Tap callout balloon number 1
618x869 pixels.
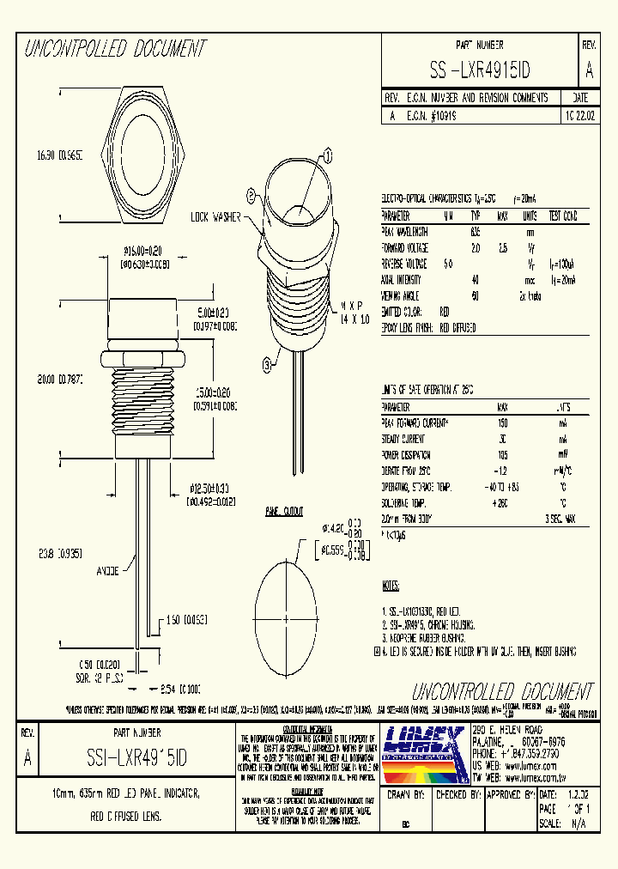coord(327,155)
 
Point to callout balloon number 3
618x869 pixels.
coord(267,364)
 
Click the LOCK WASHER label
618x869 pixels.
coord(215,216)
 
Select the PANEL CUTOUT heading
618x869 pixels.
coord(283,512)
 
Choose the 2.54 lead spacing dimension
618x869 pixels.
coord(184,688)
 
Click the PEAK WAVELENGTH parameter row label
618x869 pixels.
coord(406,232)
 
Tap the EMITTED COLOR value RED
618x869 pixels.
coord(445,312)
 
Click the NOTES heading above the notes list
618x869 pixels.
coord(390,586)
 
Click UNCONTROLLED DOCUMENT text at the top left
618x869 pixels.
coord(115,49)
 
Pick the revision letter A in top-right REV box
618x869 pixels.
coord(588,70)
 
